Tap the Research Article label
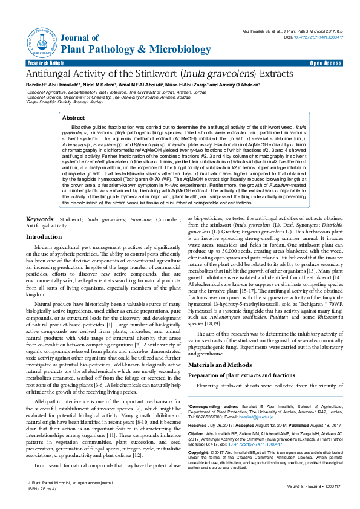(45, 63)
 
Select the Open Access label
(326, 63)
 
